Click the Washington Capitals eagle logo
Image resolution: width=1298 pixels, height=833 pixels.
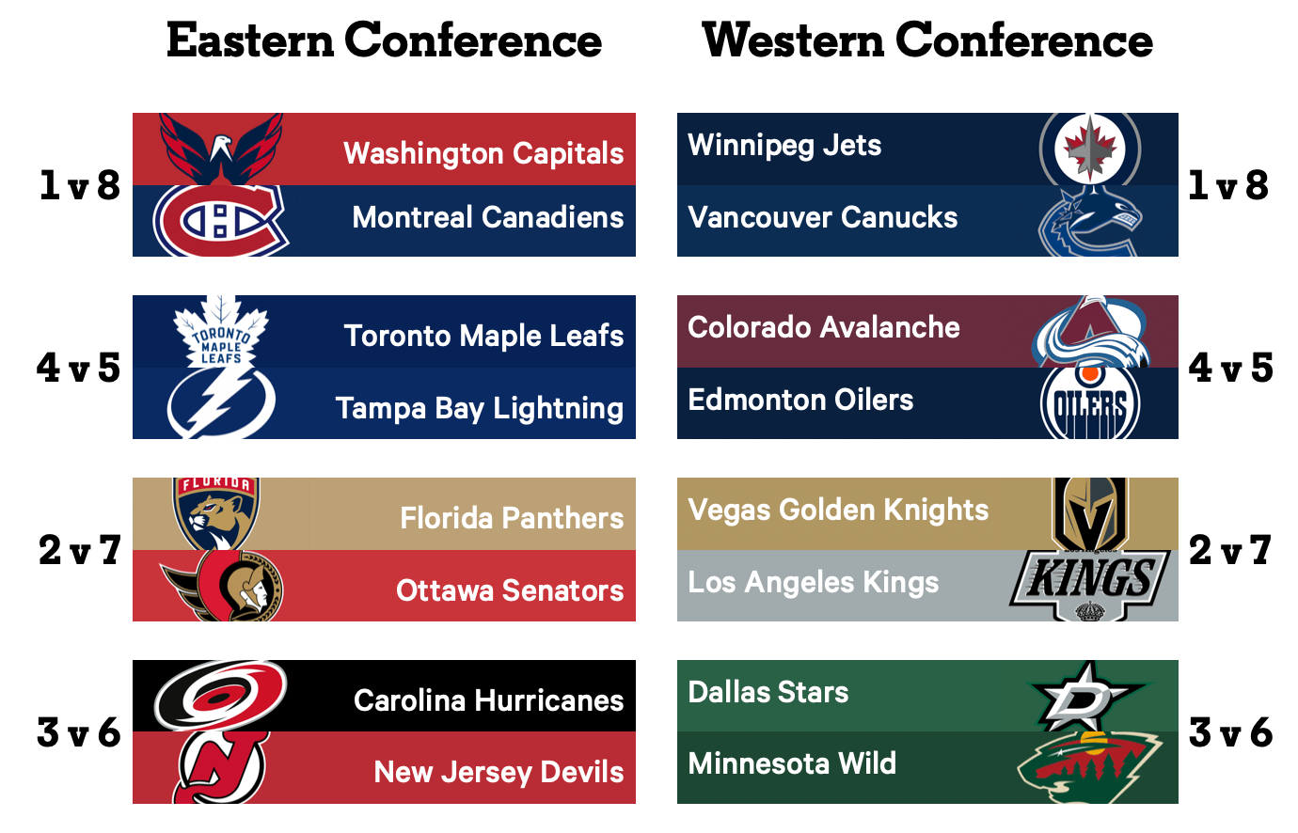coord(221,149)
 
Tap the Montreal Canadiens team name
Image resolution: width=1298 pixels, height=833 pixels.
coord(488,217)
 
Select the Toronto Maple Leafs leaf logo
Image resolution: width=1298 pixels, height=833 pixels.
coord(221,332)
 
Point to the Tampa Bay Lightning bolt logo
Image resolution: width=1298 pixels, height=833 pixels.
coord(221,402)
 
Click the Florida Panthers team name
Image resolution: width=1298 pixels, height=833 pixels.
coord(512,518)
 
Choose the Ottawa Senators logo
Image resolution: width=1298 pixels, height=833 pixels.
coord(223,586)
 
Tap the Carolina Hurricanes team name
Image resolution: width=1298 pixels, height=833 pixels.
coord(488,700)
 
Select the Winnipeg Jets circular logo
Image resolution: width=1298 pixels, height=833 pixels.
coord(1090,149)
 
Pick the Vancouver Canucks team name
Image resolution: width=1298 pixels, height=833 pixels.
coord(823,217)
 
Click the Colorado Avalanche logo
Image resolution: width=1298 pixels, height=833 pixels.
coord(1091,332)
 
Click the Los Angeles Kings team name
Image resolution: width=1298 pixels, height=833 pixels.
coord(813,582)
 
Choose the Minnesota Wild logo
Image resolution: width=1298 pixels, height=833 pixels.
coord(1090,767)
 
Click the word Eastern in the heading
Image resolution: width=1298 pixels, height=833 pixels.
coord(250,40)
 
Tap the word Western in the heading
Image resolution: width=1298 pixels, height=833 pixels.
coord(793,40)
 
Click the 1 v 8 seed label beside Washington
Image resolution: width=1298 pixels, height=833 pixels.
coord(80,185)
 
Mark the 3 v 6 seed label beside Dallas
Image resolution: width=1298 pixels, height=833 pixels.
coord(1230,732)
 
